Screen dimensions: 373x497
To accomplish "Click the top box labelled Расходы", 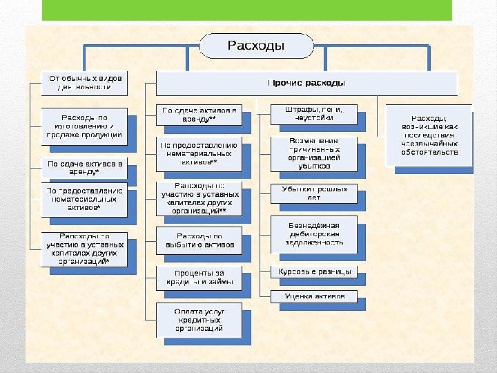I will (x=255, y=46).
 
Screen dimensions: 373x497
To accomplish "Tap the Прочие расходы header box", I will (x=306, y=84).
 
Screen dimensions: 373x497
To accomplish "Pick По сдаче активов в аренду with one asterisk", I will (x=84, y=168).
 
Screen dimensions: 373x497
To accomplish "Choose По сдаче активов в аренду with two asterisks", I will (x=199, y=115).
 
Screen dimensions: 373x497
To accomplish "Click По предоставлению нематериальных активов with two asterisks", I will (x=199, y=154).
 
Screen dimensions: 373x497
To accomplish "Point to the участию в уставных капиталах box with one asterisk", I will (x=84, y=249).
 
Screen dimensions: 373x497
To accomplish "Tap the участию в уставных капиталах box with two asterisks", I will (x=199, y=200).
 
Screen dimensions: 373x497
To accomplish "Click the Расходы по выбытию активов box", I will (x=199, y=240).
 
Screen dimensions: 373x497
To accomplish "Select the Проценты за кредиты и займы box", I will (x=199, y=277).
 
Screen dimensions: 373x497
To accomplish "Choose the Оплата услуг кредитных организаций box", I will (x=199, y=320).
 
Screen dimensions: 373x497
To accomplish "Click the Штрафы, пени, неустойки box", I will (x=313, y=114).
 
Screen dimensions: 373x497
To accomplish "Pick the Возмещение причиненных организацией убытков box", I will (x=313, y=154).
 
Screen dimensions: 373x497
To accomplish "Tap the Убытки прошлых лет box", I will (x=313, y=193).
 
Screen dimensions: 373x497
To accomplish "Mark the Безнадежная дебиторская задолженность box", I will (x=313, y=234).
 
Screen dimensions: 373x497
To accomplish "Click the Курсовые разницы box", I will (x=313, y=272).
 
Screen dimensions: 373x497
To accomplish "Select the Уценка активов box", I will (x=313, y=297).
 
